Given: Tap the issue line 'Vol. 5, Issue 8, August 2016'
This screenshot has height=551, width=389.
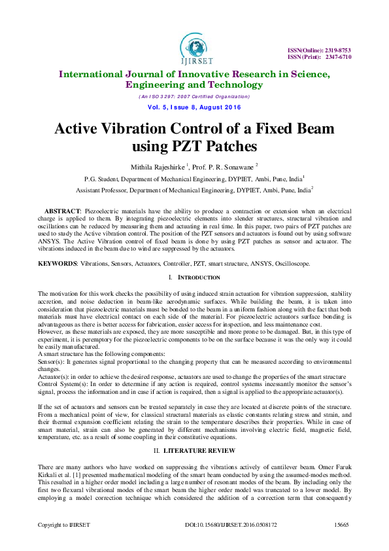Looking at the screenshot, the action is pos(194,107).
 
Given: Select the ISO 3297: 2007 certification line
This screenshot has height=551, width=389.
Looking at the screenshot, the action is pos(194,96).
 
